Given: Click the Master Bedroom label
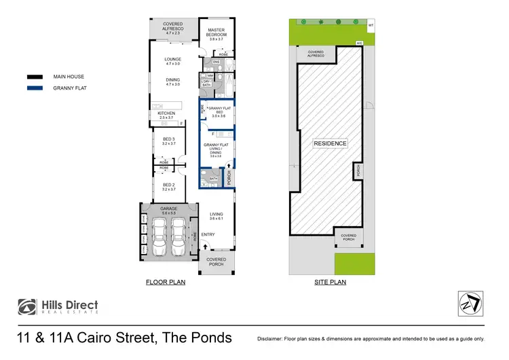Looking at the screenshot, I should (x=216, y=33).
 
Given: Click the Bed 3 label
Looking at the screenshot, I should (x=169, y=141).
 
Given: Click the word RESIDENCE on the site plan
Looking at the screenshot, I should (x=330, y=143).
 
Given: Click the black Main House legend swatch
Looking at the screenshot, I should (x=35, y=77).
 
